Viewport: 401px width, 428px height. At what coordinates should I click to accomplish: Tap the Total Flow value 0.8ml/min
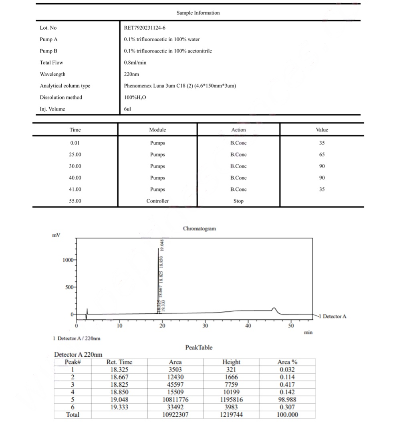coord(135,63)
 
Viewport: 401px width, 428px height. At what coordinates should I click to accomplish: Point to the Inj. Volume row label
coord(52,109)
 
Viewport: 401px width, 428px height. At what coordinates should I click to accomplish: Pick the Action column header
coord(238,130)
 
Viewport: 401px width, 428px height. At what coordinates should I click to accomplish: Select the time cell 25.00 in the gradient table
coord(75,155)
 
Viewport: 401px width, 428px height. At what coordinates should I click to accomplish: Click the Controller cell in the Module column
coord(157,201)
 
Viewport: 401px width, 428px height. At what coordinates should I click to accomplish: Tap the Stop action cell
coord(238,201)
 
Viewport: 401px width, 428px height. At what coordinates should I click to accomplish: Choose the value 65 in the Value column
coord(322,155)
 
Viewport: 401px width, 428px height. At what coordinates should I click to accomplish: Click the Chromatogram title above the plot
coord(199,229)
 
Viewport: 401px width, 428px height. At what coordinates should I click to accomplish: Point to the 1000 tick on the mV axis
coord(68,260)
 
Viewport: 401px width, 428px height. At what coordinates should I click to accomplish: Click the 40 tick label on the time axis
coord(248,326)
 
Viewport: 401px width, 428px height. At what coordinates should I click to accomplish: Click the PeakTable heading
coord(199,347)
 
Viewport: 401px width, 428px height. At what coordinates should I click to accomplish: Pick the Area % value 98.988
coord(287,400)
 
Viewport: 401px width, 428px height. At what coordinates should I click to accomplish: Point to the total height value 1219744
coord(231,415)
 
